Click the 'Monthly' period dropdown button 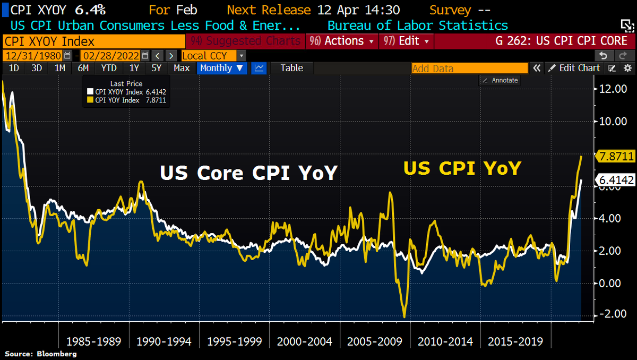click(222, 68)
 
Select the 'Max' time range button click(182, 68)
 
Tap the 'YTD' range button click(109, 68)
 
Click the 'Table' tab click(291, 68)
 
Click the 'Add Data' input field click(469, 68)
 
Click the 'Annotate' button click(500, 80)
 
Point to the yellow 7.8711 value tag click(615, 156)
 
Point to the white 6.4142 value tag click(615, 181)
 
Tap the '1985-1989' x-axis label click(94, 341)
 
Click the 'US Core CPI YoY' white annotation click(248, 173)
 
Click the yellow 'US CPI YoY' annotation click(462, 168)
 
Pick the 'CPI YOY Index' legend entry click(116, 100)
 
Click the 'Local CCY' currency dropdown click(213, 56)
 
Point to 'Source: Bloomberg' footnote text click(41, 354)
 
